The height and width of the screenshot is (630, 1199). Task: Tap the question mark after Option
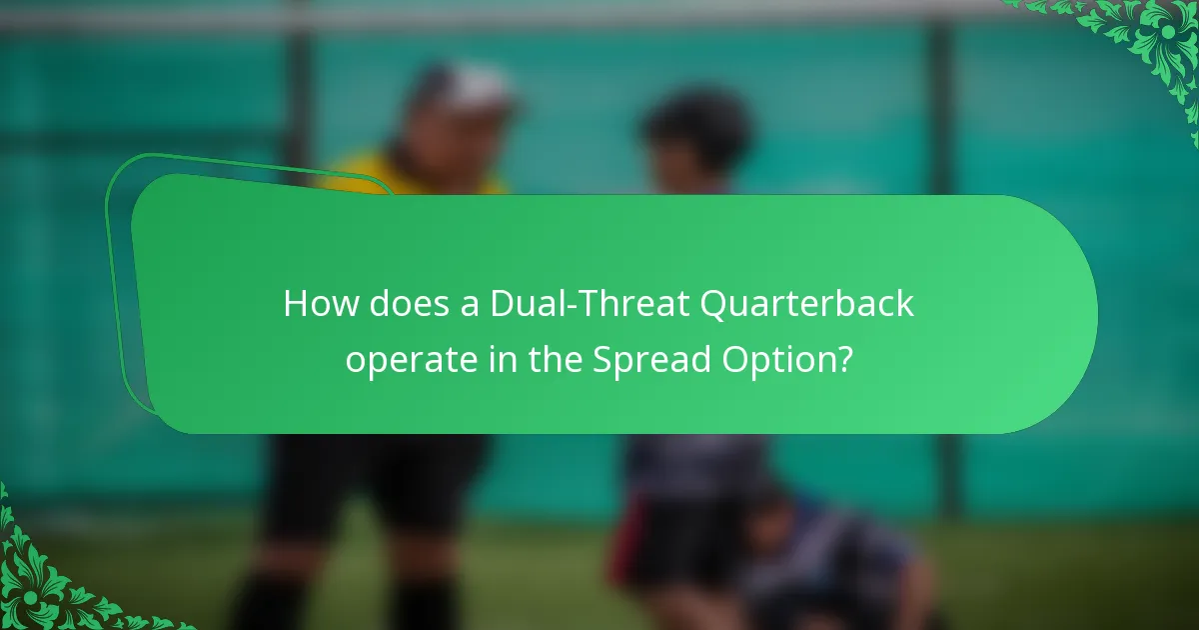tap(845, 359)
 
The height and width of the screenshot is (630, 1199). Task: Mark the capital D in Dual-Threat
tap(502, 304)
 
